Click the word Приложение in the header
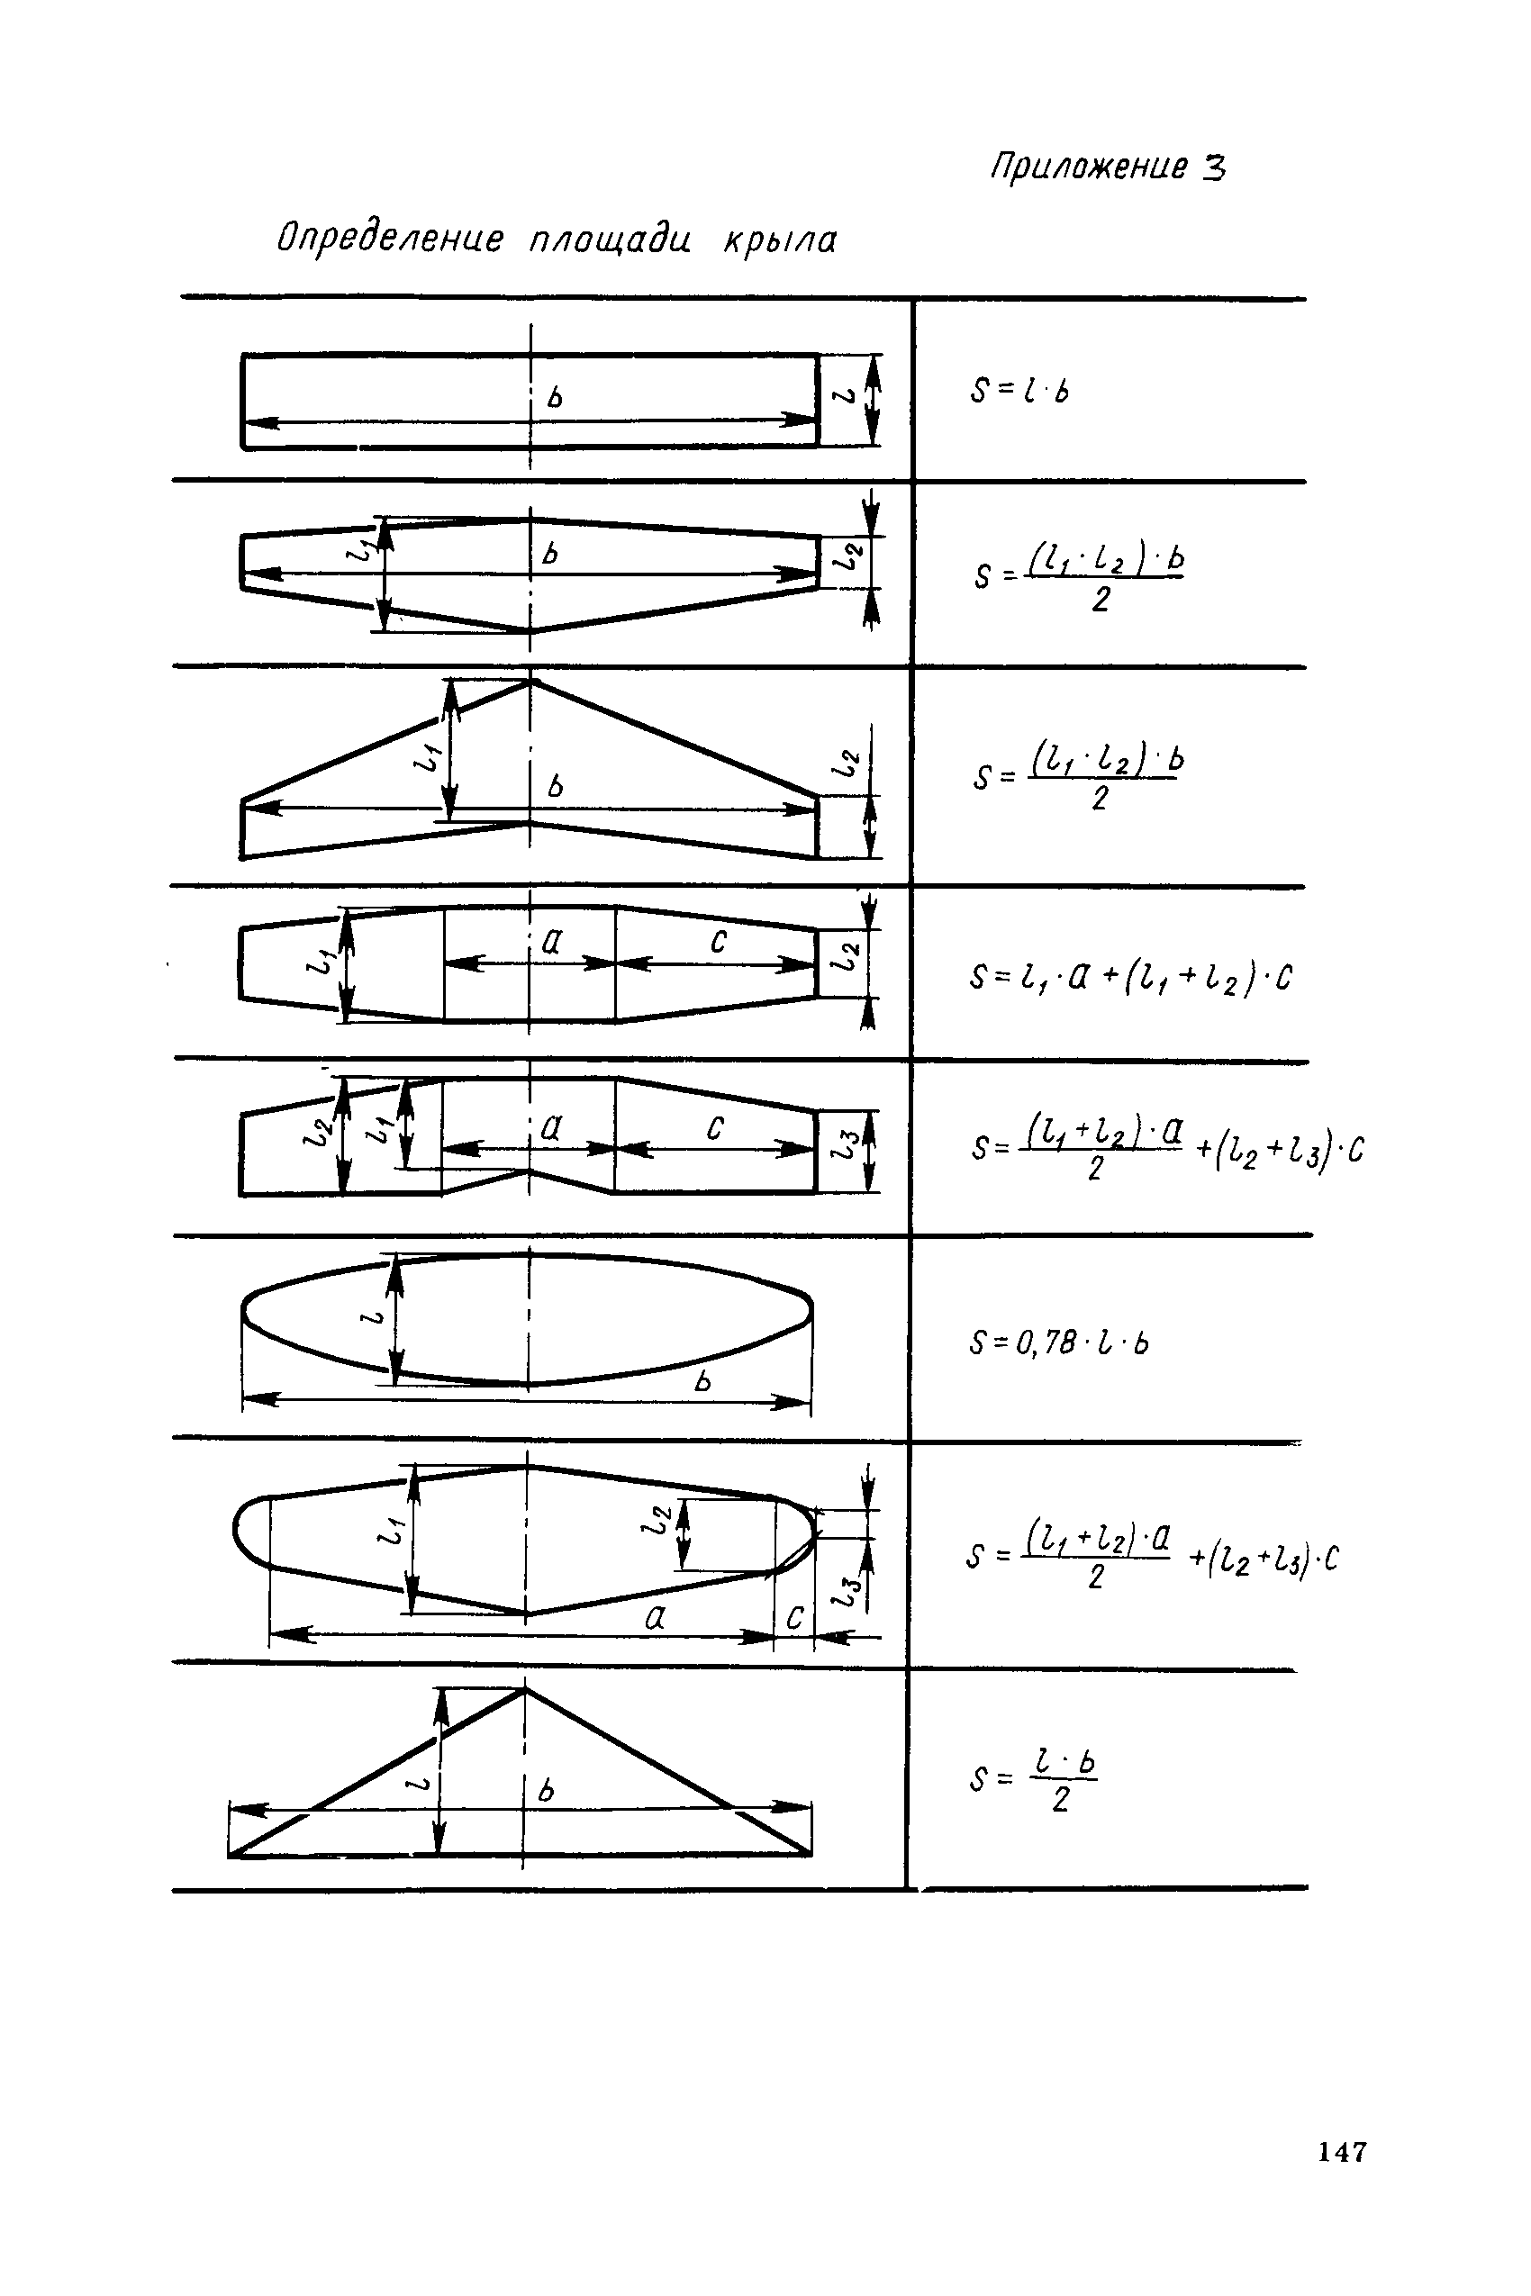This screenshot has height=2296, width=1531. point(1089,167)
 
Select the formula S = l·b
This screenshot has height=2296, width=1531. point(1019,391)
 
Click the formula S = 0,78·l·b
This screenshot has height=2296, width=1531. point(1059,1344)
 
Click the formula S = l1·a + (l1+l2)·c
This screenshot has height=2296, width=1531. point(1130,976)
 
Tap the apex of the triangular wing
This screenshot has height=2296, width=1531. point(525,1689)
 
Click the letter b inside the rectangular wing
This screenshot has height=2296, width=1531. point(556,397)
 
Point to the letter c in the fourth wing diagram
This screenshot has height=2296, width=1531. point(719,941)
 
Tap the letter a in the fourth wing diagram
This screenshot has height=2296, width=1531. point(552,941)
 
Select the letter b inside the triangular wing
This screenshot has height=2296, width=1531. point(546,1789)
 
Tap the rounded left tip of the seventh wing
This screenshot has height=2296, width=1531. point(235,1530)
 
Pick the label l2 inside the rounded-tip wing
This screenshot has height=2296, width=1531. point(657,1520)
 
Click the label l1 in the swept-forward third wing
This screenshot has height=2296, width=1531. point(428,754)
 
